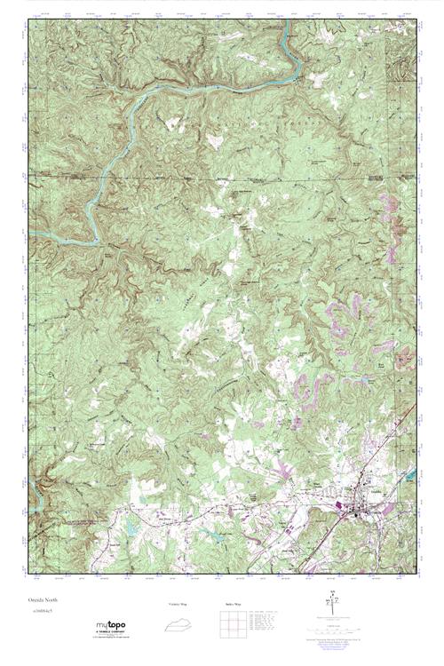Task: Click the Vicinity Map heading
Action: pyautogui.click(x=178, y=603)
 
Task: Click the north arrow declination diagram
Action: pyautogui.click(x=332, y=604)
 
